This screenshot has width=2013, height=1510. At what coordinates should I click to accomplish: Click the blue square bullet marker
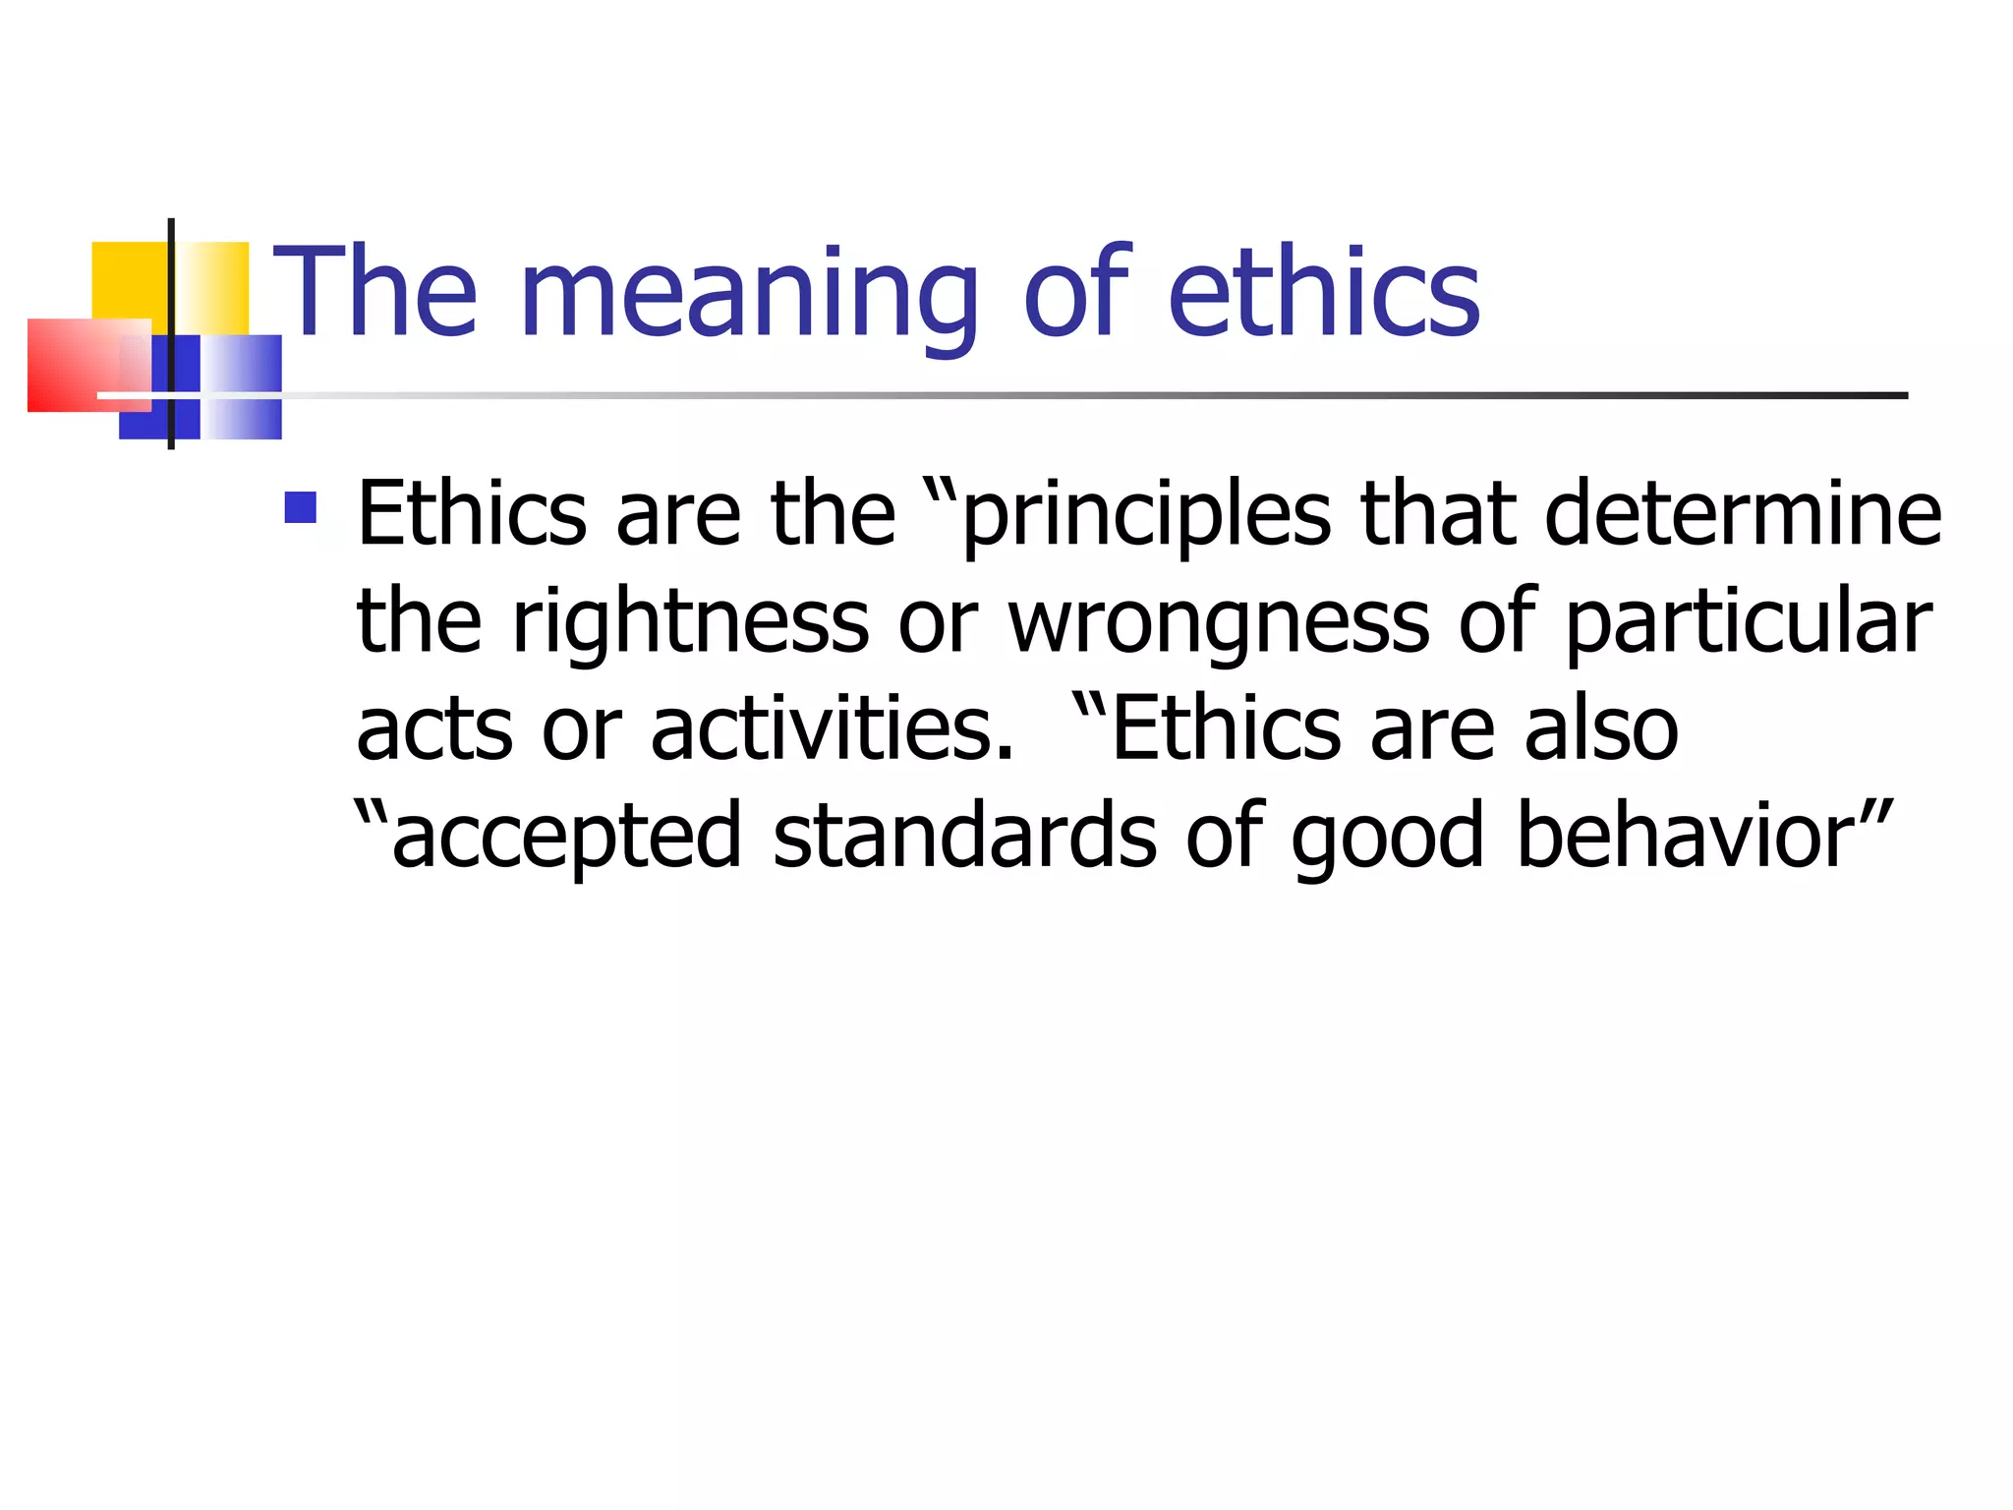click(x=300, y=507)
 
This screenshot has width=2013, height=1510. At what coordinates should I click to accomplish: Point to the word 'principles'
click(x=1145, y=516)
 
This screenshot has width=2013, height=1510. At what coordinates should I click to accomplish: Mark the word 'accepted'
click(x=566, y=837)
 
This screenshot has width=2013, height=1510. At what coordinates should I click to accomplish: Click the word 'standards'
click(x=965, y=837)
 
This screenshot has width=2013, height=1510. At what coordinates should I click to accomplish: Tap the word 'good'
click(x=1387, y=837)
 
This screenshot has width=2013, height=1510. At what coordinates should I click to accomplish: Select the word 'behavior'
click(x=1686, y=837)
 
